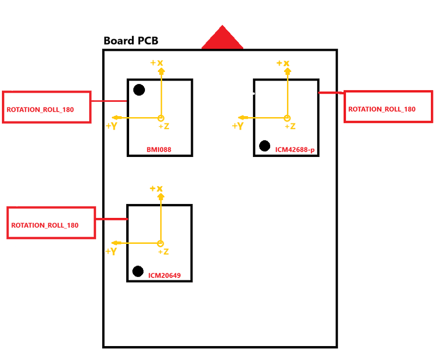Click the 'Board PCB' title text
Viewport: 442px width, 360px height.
tap(131, 41)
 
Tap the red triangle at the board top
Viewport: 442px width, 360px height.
tap(222, 38)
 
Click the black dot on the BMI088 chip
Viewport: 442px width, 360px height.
tap(139, 90)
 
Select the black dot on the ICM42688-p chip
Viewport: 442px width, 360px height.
tap(264, 145)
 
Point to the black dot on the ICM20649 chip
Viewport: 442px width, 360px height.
tap(138, 271)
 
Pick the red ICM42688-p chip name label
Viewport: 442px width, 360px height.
tap(295, 150)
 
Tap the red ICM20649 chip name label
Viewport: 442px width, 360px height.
tap(165, 275)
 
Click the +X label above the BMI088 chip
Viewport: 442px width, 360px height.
tap(156, 63)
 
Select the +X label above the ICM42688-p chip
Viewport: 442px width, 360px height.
tap(283, 63)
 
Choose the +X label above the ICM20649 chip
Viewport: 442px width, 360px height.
tap(156, 189)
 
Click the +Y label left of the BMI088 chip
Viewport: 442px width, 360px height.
tap(111, 126)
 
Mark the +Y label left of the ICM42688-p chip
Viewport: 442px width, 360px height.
tap(238, 126)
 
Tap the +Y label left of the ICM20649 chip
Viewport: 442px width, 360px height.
tap(111, 252)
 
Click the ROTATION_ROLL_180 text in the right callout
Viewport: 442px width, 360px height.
tap(382, 109)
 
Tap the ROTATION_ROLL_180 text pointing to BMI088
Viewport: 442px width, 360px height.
tap(40, 109)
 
